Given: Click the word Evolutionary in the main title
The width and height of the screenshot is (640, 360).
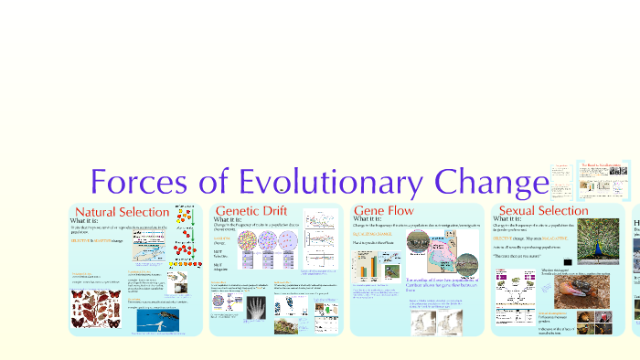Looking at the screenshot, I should pos(300,182).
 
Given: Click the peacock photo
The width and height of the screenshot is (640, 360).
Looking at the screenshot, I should pos(592,244).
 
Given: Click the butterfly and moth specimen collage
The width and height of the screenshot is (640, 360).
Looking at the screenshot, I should pos(97,310).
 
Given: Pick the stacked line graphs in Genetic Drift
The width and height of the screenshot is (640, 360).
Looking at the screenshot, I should pos(323,242).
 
